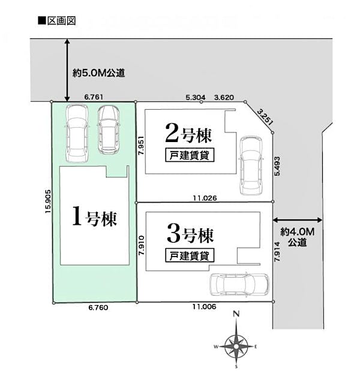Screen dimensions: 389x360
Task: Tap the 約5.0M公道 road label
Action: (98, 74)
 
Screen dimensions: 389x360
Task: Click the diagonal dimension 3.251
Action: (265, 116)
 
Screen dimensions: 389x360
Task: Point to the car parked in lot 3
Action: (239, 288)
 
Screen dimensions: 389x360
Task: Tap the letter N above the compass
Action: (236, 314)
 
